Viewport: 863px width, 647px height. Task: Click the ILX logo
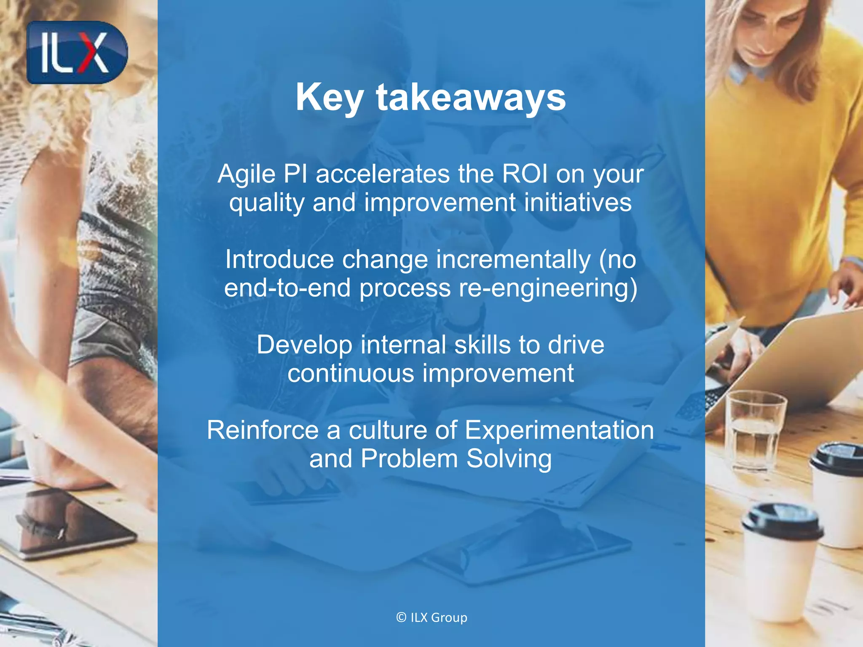[77, 53]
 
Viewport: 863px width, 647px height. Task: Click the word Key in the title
[329, 98]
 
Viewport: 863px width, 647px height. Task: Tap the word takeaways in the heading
[471, 98]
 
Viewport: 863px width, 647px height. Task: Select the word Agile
[247, 174]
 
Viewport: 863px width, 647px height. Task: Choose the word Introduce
[279, 259]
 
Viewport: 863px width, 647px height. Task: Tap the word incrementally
[513, 259]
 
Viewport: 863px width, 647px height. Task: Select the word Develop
[304, 345]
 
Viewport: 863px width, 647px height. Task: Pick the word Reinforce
[263, 430]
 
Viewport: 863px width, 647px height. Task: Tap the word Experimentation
[559, 430]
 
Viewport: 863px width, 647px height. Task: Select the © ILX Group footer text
[431, 618]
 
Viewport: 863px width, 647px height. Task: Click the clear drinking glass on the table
[755, 430]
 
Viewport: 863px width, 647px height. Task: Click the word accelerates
[383, 174]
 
